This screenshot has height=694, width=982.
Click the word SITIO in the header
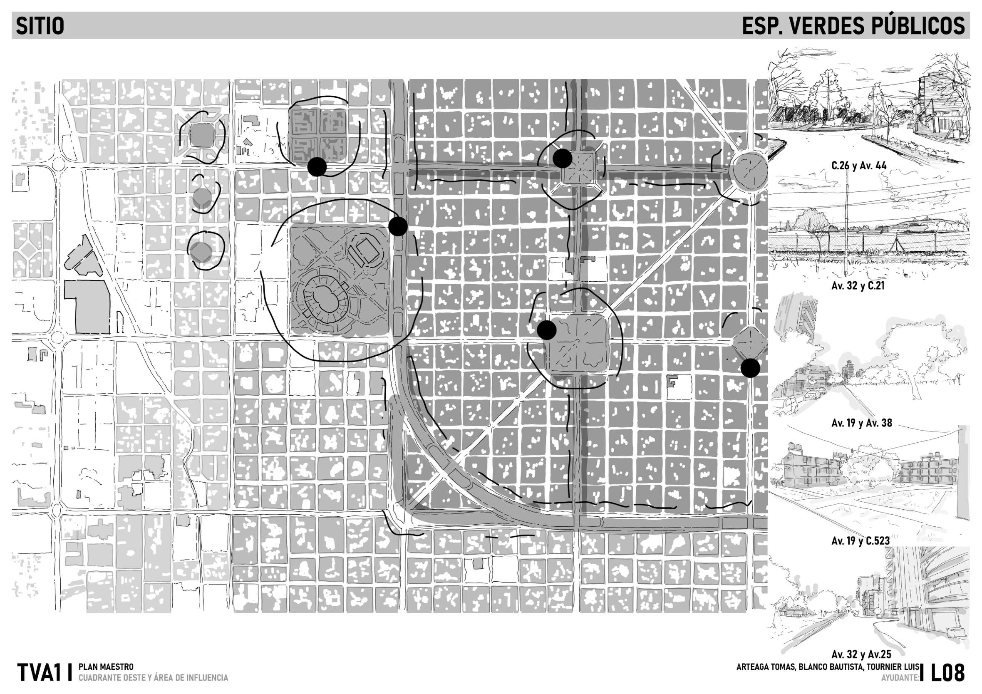click(40, 26)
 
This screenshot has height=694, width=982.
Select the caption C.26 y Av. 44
click(859, 166)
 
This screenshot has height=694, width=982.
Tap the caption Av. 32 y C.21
click(858, 286)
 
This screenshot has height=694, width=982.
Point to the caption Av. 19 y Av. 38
click(861, 423)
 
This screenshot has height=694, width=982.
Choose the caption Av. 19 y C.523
click(860, 541)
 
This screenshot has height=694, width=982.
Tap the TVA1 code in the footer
click(37, 673)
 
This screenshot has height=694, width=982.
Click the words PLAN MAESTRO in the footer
click(106, 667)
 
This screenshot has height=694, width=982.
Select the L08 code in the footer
click(948, 673)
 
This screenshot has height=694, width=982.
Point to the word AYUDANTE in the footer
click(900, 678)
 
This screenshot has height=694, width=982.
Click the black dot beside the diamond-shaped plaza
click(750, 368)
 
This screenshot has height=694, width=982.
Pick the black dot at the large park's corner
click(398, 226)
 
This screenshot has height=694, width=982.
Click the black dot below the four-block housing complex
click(317, 167)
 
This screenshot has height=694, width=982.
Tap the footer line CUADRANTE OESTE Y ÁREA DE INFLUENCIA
click(153, 678)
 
